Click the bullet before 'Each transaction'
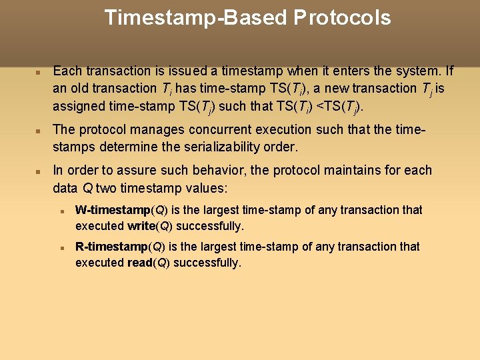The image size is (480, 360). (x=39, y=71)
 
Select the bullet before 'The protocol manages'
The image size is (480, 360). (x=39, y=130)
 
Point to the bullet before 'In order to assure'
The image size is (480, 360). (x=39, y=171)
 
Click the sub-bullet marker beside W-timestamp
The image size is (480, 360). (x=61, y=211)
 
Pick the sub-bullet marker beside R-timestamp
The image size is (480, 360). (x=61, y=247)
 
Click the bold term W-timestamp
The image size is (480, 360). (x=113, y=210)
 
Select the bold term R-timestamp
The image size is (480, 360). (x=113, y=247)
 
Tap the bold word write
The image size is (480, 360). (x=141, y=226)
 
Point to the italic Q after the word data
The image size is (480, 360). (x=87, y=187)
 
